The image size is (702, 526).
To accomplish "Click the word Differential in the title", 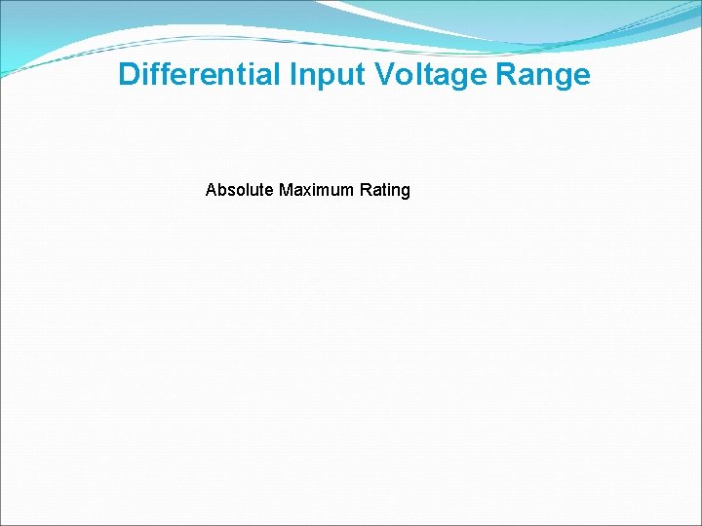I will tap(200, 75).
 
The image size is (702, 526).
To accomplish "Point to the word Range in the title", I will tap(553, 75).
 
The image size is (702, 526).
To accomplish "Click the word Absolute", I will tap(240, 190).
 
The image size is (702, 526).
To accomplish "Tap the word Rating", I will tap(385, 190).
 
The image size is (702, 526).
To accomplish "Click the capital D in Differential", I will tap(129, 75).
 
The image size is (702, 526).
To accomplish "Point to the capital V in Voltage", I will tap(383, 75).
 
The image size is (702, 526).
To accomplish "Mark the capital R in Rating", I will tap(366, 190).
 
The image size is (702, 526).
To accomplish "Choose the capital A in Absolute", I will tap(212, 190).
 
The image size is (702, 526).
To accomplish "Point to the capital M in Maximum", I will tap(286, 190).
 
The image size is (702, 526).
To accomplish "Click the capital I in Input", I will tap(293, 75).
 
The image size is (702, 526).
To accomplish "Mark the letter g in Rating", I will tap(406, 192).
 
